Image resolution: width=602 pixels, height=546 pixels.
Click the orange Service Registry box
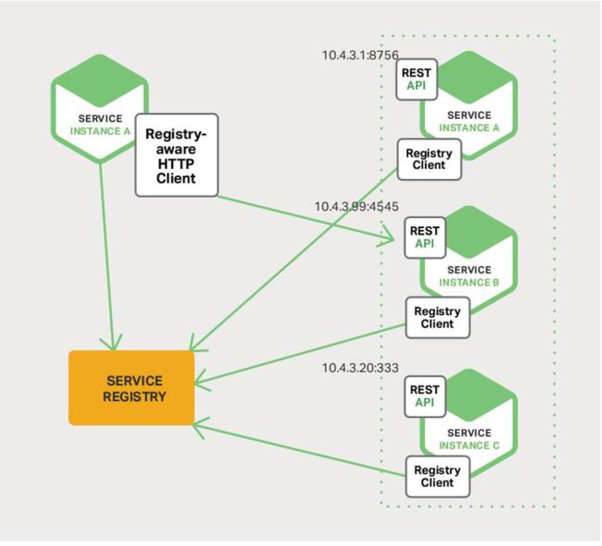point(132,388)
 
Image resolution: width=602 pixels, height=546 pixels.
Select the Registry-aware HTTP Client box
point(177,155)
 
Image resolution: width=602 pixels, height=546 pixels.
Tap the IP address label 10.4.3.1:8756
point(360,55)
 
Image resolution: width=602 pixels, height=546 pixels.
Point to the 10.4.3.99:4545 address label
point(357,207)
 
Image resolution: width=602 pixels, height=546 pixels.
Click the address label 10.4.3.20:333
point(360,368)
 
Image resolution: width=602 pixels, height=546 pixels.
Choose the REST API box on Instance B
point(425,237)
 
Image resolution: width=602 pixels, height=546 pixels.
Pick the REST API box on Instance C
point(425,397)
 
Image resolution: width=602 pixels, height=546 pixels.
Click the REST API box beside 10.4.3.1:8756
point(417,80)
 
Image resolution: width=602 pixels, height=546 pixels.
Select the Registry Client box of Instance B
point(438,317)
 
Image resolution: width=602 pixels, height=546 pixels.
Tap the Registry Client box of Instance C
point(438,476)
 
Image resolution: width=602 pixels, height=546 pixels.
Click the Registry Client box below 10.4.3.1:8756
point(429,159)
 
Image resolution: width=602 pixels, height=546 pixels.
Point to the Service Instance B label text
point(470,276)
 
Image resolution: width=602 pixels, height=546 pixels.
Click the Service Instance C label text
point(470,439)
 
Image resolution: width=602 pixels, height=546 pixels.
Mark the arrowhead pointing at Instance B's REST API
point(389,237)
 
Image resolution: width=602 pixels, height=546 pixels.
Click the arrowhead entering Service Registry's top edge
point(112,344)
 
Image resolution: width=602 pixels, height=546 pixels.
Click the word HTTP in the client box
point(176,164)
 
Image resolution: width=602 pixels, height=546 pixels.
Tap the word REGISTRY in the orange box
point(134,397)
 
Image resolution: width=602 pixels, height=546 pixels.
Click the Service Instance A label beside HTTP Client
point(100,125)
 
